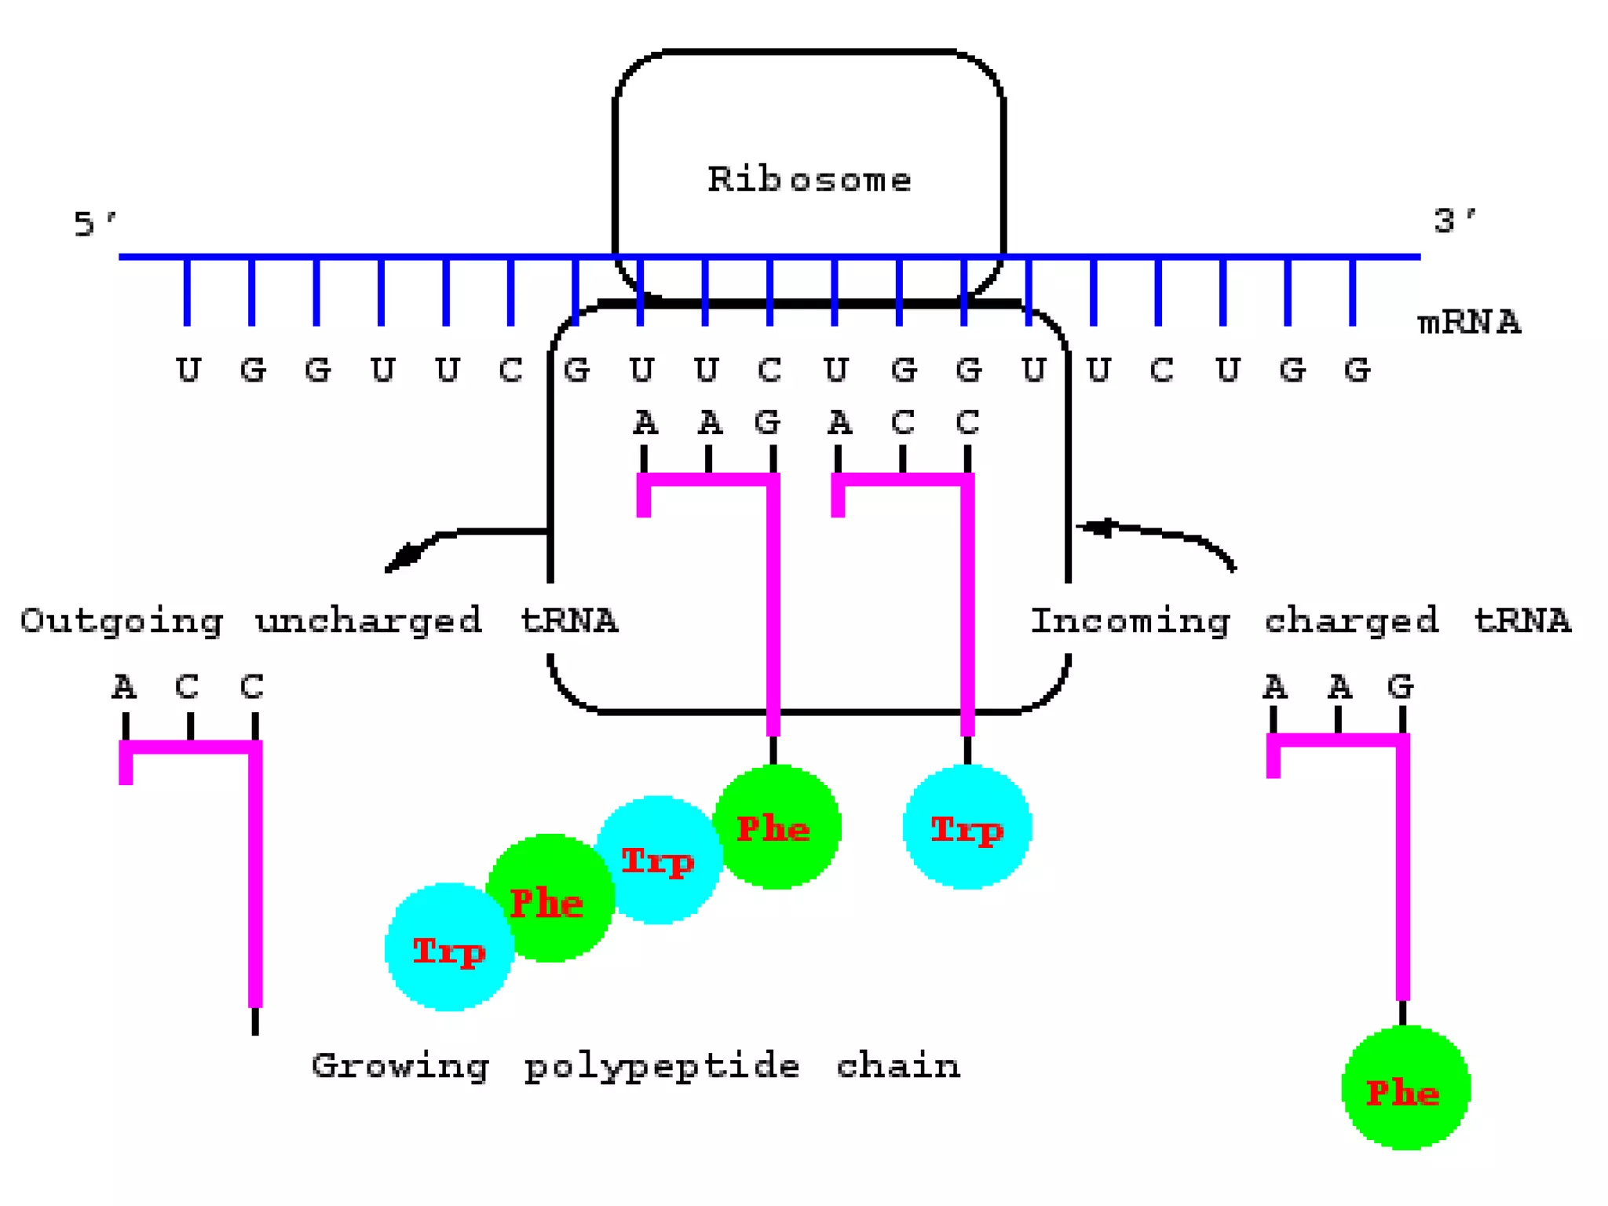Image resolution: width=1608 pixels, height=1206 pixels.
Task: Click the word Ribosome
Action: tap(809, 180)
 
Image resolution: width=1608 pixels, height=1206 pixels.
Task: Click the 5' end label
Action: tap(93, 225)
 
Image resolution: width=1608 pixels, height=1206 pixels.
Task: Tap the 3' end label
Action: tap(1453, 221)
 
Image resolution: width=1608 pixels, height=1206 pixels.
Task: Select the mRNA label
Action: tap(1468, 323)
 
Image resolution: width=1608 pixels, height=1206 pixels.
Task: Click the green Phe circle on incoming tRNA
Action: tap(1405, 1089)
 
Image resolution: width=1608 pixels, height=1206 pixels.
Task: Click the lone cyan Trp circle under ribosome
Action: tap(967, 828)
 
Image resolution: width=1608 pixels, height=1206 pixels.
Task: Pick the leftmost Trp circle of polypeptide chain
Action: tap(448, 948)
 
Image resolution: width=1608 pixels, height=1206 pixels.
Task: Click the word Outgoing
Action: tap(122, 621)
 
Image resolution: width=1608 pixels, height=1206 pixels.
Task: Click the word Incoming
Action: tap(1130, 621)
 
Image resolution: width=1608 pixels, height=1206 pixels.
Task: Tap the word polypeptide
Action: tap(662, 1067)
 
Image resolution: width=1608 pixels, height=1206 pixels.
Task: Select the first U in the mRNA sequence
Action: tap(188, 370)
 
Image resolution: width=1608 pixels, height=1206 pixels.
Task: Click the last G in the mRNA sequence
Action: tap(1356, 370)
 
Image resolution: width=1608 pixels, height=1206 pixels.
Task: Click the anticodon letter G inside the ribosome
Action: tap(767, 423)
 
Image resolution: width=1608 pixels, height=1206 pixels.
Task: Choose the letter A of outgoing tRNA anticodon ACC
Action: tap(124, 688)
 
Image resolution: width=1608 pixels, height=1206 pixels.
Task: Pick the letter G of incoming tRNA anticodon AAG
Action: tap(1400, 687)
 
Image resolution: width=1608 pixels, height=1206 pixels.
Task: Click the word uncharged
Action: tap(368, 621)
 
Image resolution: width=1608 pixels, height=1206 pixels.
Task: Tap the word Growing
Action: tap(400, 1067)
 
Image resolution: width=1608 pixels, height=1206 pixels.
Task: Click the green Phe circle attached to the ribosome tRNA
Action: tap(776, 828)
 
